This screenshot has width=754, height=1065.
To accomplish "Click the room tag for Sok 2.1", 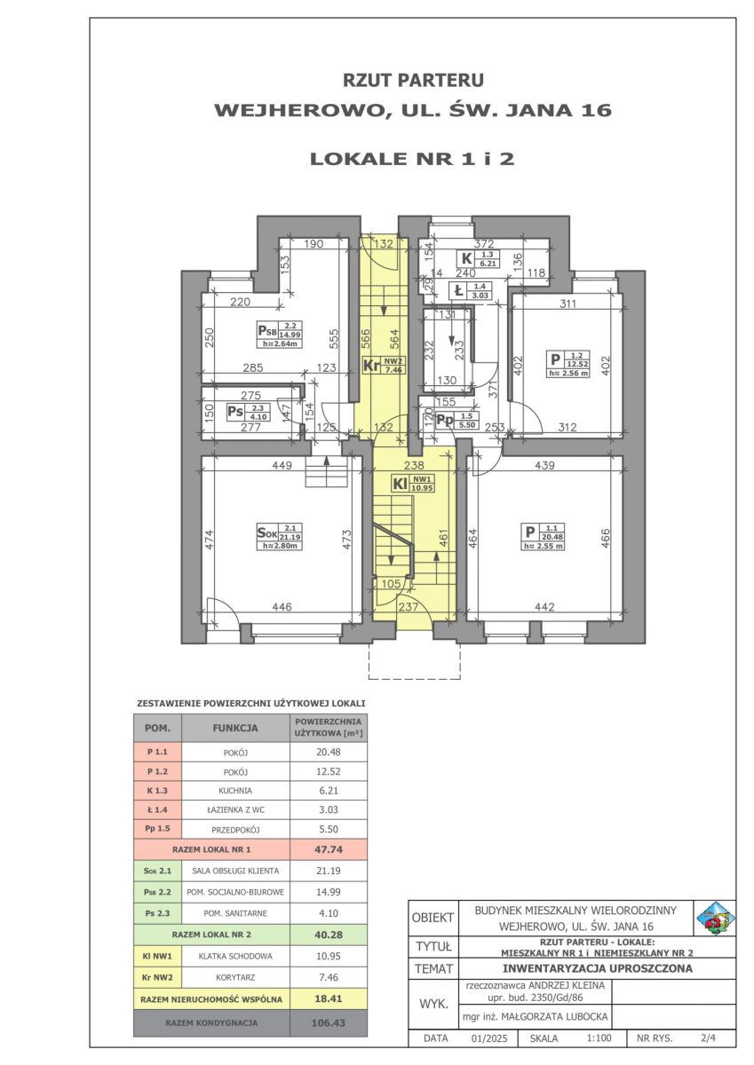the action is [x=279, y=536].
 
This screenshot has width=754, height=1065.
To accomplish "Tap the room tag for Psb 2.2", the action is [x=280, y=335].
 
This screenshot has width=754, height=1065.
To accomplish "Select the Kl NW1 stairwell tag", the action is [x=413, y=484].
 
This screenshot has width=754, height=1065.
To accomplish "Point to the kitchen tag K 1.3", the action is [x=479, y=258].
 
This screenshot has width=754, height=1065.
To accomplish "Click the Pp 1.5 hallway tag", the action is [x=456, y=421].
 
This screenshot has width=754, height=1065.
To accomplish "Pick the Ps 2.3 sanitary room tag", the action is [x=248, y=412].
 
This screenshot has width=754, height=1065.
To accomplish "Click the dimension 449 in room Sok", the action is [x=282, y=465].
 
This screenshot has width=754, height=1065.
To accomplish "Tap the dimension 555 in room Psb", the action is [x=334, y=339].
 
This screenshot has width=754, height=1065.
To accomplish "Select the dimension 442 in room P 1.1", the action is [x=544, y=607].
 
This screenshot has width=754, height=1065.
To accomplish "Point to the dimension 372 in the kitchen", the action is [x=484, y=244].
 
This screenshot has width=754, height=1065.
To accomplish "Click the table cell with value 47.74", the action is [x=329, y=849].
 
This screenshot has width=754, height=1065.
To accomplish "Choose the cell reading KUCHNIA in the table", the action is [x=235, y=791].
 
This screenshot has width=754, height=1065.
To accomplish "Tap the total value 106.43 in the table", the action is [x=329, y=1022].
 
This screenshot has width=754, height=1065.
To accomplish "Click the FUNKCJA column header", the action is [x=235, y=728].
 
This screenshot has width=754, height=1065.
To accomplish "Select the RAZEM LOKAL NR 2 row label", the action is [x=211, y=935].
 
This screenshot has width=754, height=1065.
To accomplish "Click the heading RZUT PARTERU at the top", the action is [x=413, y=80].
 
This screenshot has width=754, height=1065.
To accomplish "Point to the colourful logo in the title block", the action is [x=714, y=918].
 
